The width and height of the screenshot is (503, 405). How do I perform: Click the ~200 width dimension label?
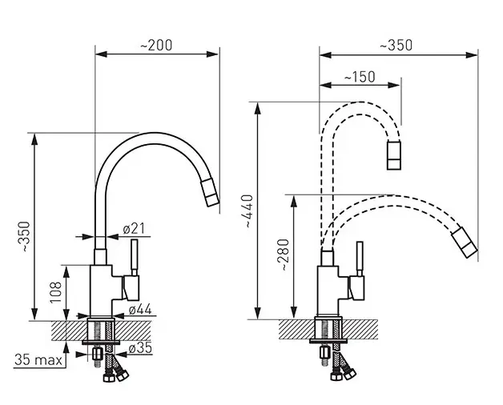pos(156,45)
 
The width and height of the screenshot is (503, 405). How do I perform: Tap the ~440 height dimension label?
pos(249,211)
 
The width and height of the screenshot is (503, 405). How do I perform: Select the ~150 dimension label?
pos(360,77)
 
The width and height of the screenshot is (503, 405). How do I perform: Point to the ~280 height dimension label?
pos(285,255)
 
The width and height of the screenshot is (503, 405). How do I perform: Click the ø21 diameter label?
pos(134,229)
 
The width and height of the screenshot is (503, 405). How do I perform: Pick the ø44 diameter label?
pos(140,310)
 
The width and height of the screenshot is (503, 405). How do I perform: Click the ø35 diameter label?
pos(140,348)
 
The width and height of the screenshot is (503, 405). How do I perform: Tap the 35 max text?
pos(38,360)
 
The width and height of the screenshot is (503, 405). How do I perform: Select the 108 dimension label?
pos(55,292)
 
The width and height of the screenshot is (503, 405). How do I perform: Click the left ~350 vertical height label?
pos(26,236)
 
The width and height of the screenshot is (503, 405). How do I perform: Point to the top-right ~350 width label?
pos(396,45)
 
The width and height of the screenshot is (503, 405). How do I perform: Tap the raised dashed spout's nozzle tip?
pos(393,155)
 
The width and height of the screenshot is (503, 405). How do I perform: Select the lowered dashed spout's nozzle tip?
pos(465,242)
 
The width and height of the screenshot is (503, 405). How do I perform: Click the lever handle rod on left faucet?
pos(135,257)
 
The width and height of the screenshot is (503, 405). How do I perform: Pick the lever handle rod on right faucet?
pos(360,259)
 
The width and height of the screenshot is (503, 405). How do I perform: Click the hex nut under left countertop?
pos(97,355)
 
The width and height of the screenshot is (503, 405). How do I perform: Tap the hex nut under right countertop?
pos(324,352)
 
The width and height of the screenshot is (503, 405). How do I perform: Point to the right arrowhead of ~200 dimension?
pos(212,54)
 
